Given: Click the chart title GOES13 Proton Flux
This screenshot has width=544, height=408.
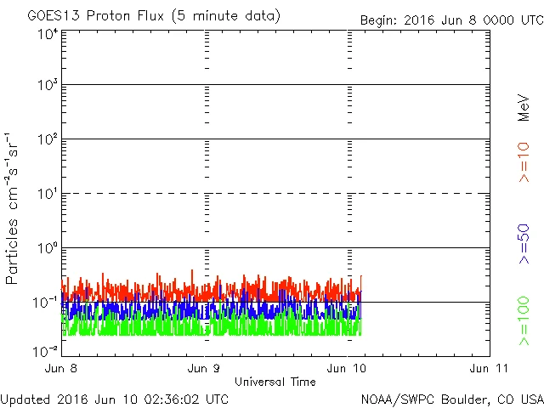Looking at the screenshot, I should (154, 16).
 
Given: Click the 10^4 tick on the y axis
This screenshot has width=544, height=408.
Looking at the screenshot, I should (47, 34).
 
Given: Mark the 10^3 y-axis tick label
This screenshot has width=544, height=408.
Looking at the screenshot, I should (47, 86).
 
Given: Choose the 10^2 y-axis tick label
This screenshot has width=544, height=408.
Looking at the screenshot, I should (47, 139).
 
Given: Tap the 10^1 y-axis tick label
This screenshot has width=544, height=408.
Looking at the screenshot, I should (47, 194).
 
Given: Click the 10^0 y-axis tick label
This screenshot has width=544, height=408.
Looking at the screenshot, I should (47, 248).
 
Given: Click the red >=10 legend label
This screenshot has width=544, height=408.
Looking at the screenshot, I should (524, 161).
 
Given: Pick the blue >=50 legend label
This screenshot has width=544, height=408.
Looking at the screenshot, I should (524, 242).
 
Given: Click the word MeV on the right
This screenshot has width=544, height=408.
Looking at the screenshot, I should (524, 108).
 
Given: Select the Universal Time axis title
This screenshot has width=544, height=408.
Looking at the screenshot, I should (275, 382).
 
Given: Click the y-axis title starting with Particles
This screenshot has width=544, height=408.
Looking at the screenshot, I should (14, 208).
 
